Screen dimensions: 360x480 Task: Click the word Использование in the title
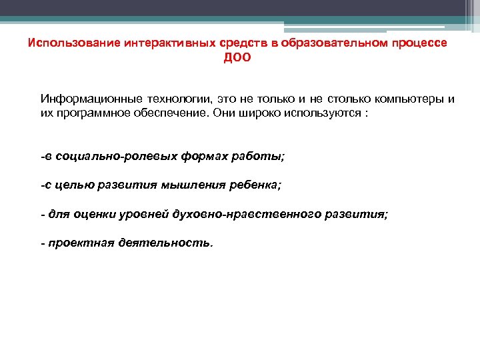click(x=65, y=43)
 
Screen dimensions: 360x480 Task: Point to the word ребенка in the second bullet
click(x=253, y=185)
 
